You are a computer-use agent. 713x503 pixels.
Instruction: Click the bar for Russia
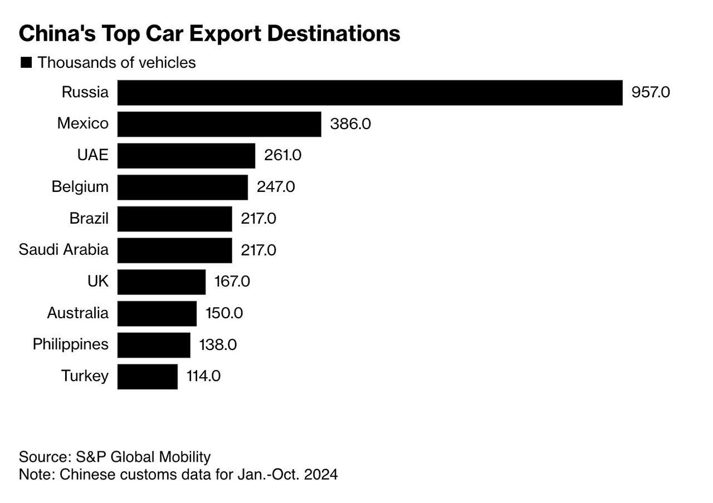(369, 92)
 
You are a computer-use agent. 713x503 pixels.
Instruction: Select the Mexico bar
(219, 124)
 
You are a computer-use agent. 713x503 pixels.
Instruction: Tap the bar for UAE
(186, 155)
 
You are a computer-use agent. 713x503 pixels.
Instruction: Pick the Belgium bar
(182, 187)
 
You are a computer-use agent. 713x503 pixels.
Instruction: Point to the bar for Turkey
(147, 377)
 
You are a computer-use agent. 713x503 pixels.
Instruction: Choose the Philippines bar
(153, 345)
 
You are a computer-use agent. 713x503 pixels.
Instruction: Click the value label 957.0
(650, 92)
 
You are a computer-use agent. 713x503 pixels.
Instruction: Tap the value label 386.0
(350, 124)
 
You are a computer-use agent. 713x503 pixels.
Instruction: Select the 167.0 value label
(232, 282)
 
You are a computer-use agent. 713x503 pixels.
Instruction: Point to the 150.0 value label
(224, 313)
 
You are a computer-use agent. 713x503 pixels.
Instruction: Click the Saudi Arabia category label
(64, 250)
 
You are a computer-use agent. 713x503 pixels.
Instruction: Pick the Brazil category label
(89, 218)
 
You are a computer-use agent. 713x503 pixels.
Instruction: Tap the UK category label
(97, 282)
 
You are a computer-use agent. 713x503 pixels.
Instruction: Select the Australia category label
(77, 313)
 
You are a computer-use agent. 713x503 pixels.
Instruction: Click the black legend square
(26, 62)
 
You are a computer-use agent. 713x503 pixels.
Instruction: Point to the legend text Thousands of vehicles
(116, 62)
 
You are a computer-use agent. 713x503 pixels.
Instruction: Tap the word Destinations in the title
(334, 33)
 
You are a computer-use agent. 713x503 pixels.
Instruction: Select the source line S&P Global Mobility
(115, 457)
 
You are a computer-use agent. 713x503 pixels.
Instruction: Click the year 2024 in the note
(321, 475)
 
